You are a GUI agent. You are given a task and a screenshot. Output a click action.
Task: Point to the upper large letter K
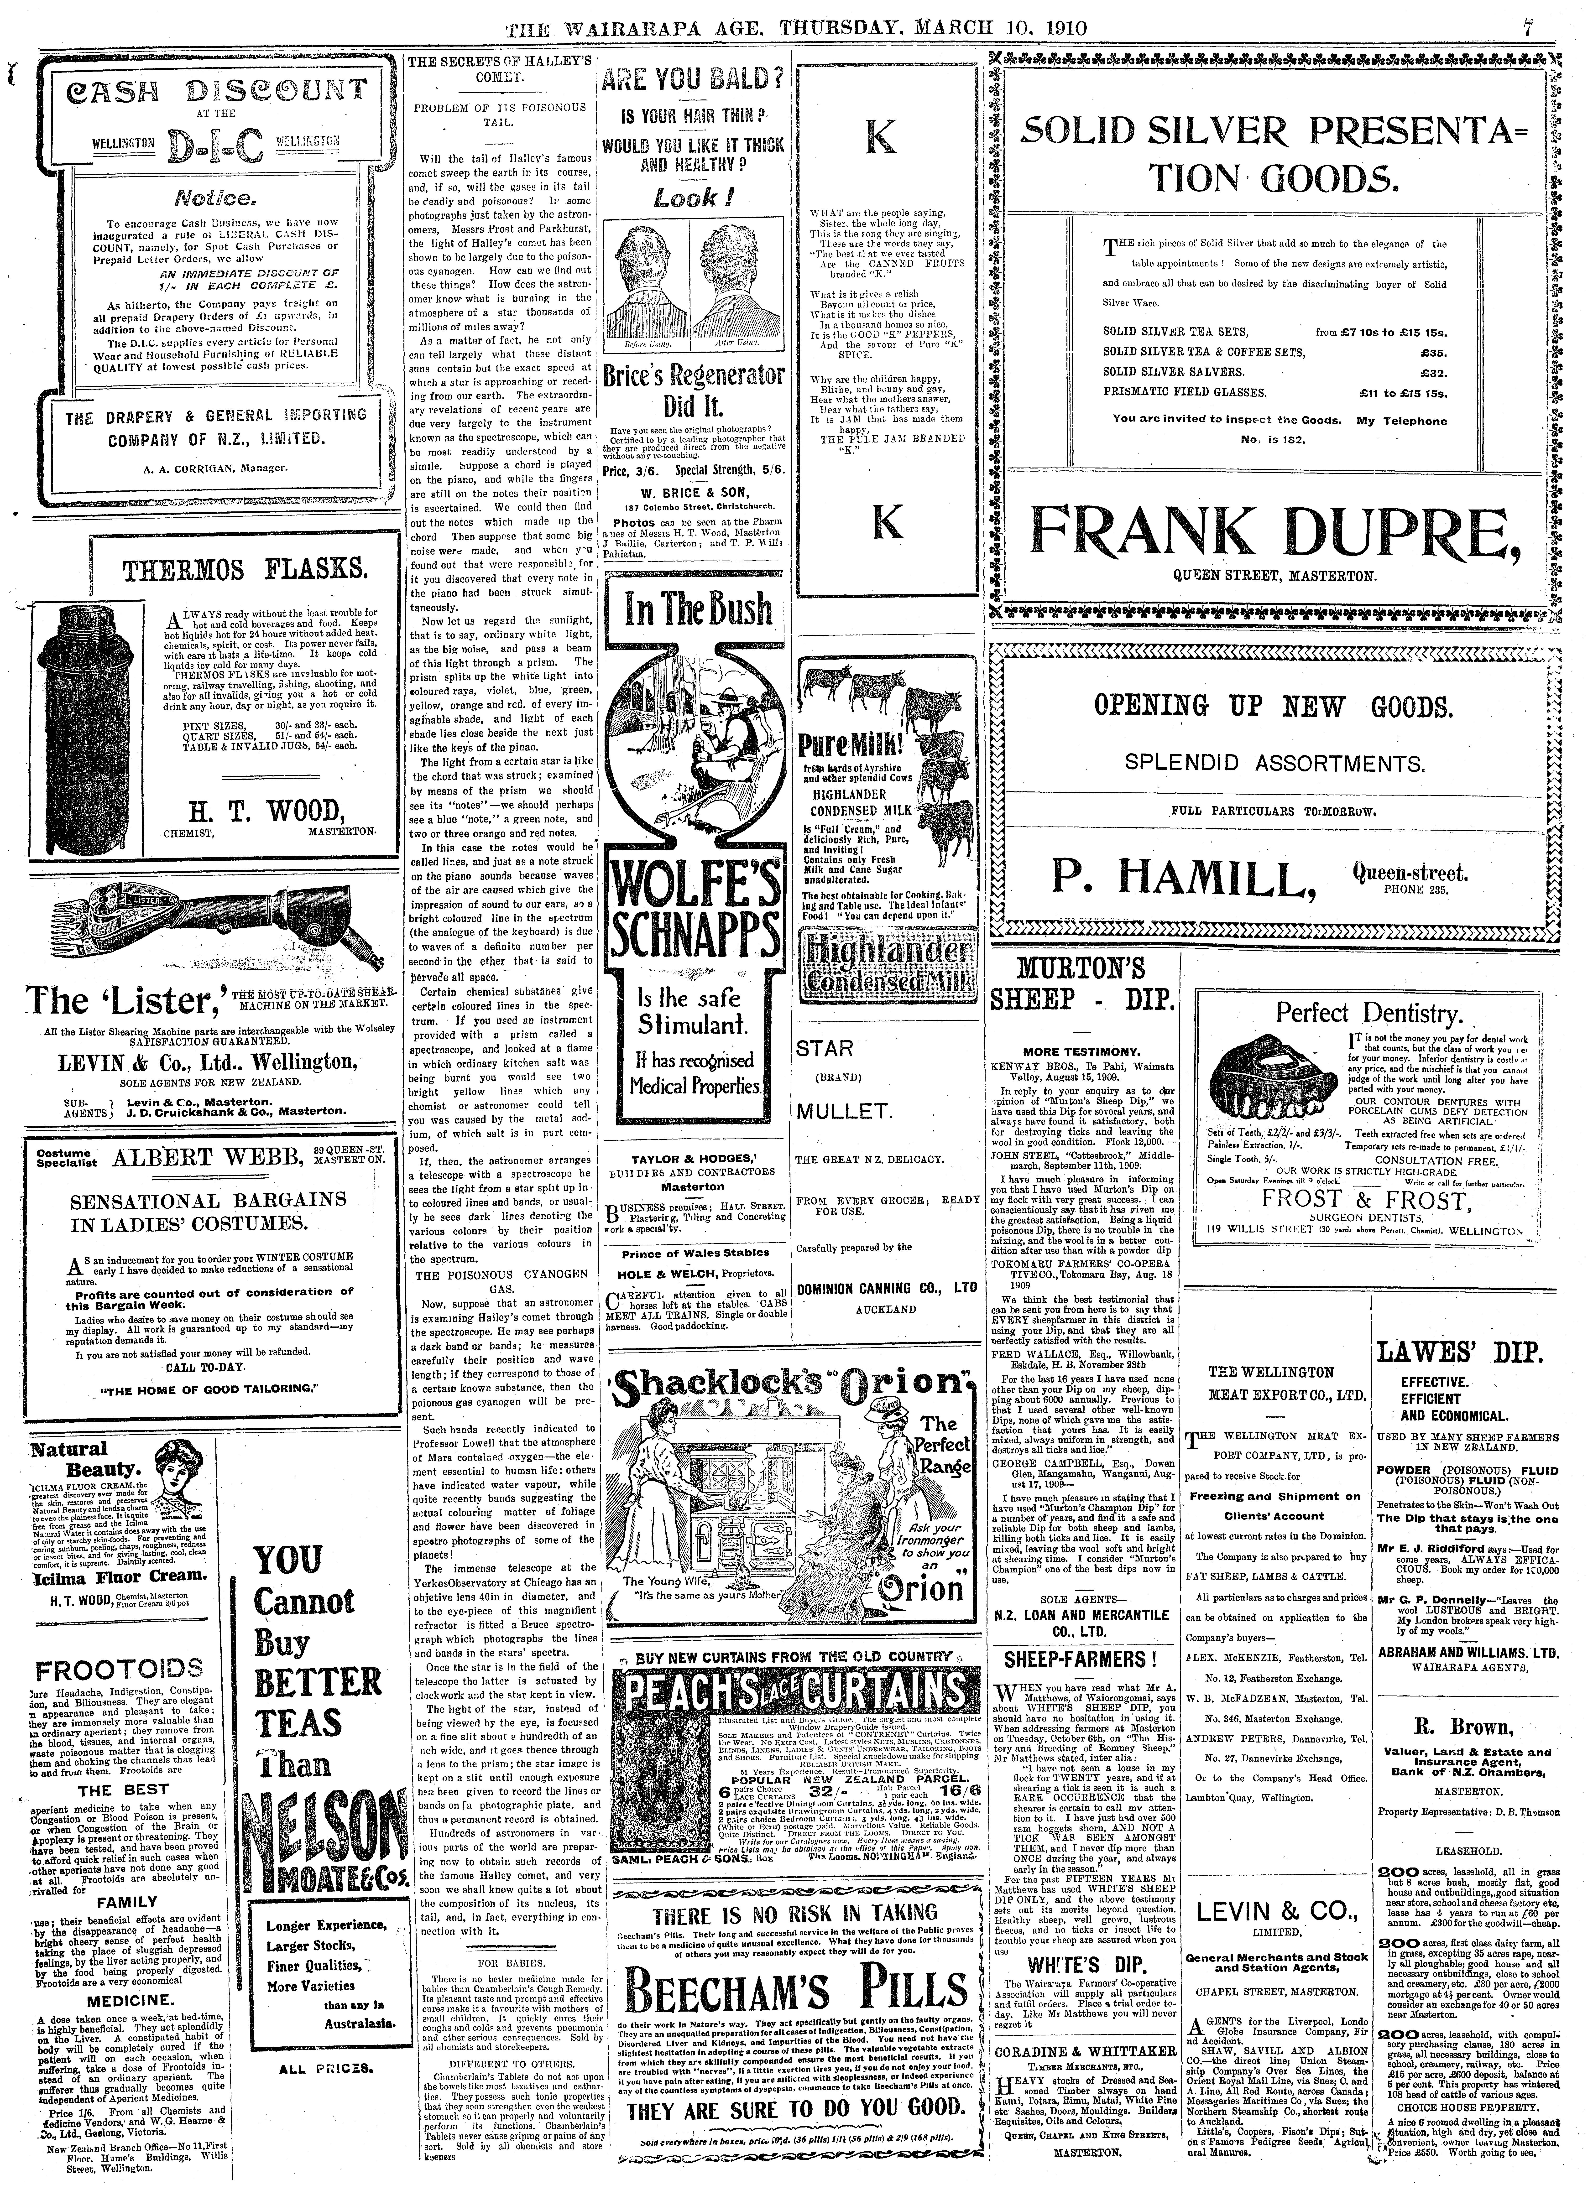(880, 140)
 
